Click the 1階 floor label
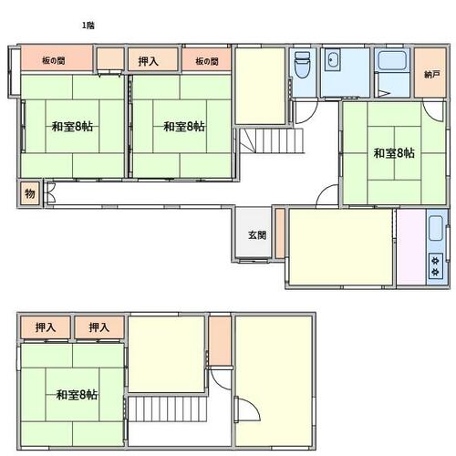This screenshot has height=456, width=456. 88,26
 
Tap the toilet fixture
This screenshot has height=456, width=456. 303,65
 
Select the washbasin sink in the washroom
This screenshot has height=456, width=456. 332,60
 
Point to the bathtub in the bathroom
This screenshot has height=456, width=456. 392,60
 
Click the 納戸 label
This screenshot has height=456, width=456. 432,74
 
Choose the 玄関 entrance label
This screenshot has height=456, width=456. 257,235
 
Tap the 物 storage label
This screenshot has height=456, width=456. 30,193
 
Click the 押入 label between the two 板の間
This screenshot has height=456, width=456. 149,61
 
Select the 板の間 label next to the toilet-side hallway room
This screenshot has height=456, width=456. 207,61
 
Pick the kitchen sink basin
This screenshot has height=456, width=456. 435,228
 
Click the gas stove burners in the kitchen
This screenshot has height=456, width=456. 436,266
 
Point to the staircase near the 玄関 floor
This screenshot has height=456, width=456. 272,140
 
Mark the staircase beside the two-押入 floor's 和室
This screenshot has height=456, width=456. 168,409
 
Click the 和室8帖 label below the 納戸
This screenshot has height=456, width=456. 394,153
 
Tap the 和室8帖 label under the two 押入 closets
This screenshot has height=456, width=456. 77,395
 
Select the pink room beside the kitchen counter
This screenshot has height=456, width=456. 411,247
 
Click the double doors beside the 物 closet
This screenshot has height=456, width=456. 50,193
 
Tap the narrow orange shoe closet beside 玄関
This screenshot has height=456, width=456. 280,233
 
